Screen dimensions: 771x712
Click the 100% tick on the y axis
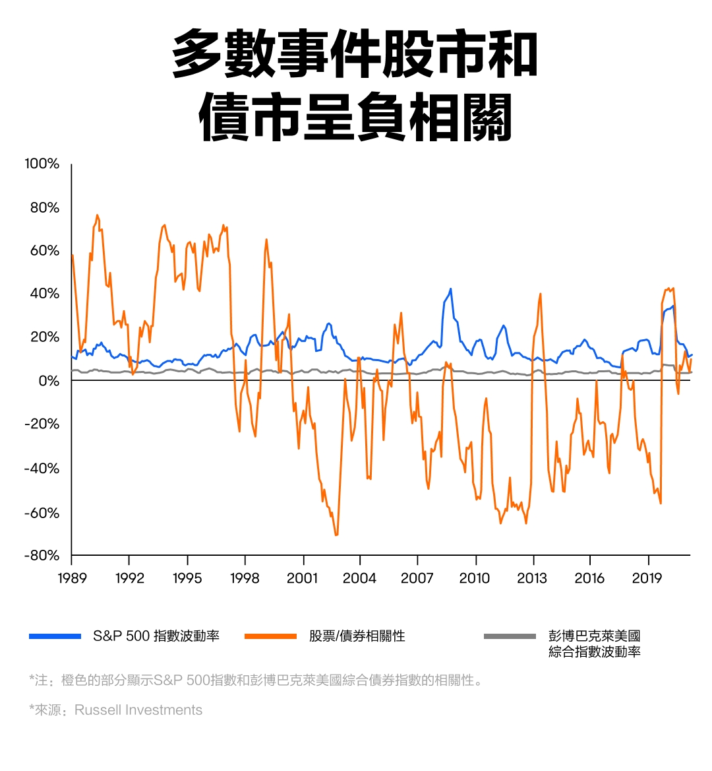pos(42,164)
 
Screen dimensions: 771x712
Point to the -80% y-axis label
pos(42,556)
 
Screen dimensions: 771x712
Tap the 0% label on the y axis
pos(47,381)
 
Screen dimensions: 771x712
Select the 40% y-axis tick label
pos(44,294)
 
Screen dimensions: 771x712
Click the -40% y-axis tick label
pos(42,469)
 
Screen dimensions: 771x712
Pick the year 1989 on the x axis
pos(72,578)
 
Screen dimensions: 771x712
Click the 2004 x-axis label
pos(359,578)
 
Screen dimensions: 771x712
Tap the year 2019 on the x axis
pos(647,578)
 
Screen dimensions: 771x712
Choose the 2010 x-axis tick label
pos(474,578)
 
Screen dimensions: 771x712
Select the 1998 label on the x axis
pos(245,578)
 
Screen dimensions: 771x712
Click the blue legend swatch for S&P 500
pos(55,636)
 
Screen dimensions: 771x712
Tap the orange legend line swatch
pos(270,636)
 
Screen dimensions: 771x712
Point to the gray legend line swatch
pos(510,636)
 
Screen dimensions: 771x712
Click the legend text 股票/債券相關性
pos(357,636)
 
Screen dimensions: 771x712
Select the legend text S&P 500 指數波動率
pos(156,636)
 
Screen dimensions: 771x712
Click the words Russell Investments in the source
pos(138,710)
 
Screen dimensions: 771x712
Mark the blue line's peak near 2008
pos(451,288)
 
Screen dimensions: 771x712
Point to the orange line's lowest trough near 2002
pos(336,535)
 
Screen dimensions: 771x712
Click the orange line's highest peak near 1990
pos(97,215)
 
